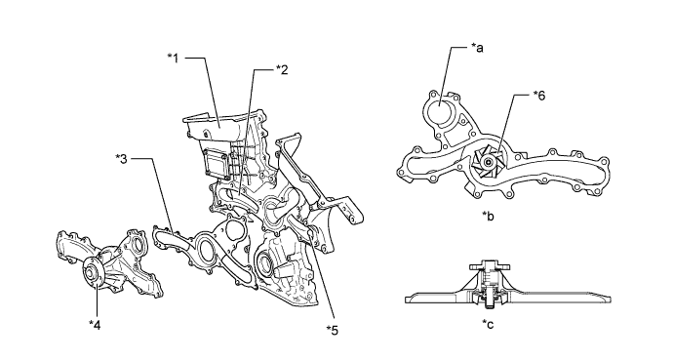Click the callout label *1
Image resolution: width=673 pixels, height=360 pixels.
pyautogui.click(x=173, y=58)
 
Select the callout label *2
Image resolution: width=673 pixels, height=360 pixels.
pyautogui.click(x=282, y=70)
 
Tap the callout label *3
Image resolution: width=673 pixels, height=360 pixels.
pyautogui.click(x=122, y=159)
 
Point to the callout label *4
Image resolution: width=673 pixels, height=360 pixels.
pyautogui.click(x=95, y=325)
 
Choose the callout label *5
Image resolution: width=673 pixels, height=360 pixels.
pyautogui.click(x=333, y=331)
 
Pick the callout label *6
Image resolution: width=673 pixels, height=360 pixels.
pyautogui.click(x=539, y=96)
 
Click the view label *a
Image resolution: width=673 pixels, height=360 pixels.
pyautogui.click(x=477, y=48)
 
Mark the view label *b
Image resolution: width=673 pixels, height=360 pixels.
pyautogui.click(x=488, y=216)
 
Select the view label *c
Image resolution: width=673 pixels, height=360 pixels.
pyautogui.click(x=488, y=324)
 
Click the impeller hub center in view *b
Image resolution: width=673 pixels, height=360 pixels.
pyautogui.click(x=487, y=162)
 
